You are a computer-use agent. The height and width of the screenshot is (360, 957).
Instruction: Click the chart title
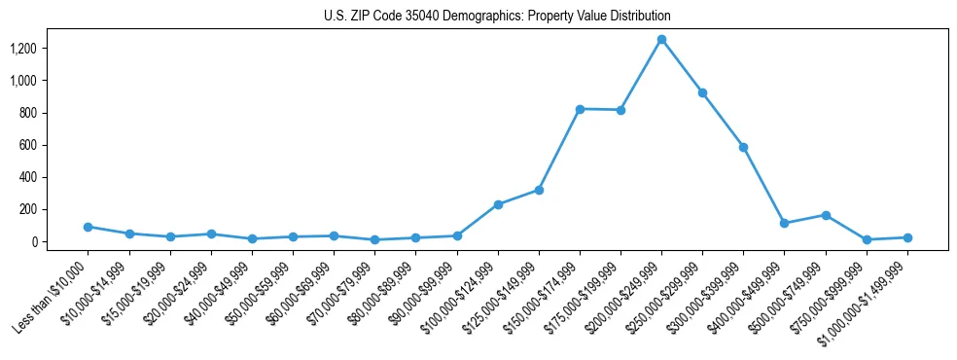tap(497, 17)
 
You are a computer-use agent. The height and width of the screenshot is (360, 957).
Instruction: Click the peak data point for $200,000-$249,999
tap(661, 40)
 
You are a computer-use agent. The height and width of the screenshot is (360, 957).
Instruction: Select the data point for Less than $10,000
tap(88, 227)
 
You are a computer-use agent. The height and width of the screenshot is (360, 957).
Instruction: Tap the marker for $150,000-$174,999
tap(580, 109)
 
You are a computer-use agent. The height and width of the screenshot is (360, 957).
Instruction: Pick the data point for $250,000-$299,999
tap(702, 92)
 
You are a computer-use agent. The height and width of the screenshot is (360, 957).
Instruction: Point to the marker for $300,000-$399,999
tap(743, 147)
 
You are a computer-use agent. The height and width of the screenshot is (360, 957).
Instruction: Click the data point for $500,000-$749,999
tap(826, 215)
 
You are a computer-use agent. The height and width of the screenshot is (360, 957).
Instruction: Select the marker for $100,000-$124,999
tap(498, 204)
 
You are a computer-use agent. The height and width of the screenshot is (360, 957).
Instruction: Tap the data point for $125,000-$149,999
tap(539, 190)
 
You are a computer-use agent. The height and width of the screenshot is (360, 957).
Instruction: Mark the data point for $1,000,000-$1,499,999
tap(907, 237)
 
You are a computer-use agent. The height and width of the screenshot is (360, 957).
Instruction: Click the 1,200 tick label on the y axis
tap(23, 49)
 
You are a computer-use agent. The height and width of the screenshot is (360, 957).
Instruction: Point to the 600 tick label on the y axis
tap(28, 145)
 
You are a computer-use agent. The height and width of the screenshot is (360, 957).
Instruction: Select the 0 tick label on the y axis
tap(35, 241)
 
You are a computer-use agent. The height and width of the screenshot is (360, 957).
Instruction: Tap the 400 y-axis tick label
tap(28, 177)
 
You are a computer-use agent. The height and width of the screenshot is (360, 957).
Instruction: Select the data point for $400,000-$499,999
tap(785, 223)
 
